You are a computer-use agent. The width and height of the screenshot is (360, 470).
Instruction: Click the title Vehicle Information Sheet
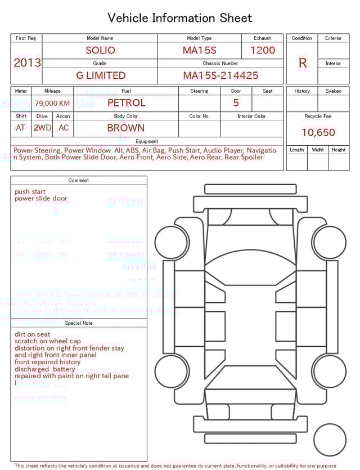180,18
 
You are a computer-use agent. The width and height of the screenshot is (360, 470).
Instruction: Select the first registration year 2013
27,62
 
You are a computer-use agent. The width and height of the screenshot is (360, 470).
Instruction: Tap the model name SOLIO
100,50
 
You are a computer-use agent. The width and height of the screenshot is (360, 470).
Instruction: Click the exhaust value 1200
263,50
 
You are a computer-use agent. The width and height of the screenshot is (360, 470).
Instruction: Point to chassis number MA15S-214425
220,75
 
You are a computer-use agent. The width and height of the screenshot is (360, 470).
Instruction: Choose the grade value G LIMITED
101,75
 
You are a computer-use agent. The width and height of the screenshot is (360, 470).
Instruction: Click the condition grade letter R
302,63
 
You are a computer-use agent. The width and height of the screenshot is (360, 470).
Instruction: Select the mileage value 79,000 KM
52,103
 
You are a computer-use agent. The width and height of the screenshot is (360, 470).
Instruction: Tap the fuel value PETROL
126,103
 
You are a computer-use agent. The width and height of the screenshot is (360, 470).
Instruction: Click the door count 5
236,103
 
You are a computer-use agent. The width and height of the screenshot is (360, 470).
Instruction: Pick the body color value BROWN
125,128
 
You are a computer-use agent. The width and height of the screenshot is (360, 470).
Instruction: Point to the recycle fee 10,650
318,133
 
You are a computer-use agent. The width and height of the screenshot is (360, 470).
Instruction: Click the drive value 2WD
42,128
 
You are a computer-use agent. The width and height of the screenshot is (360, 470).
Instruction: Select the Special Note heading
79,323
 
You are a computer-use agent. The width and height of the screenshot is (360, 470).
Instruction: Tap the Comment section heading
79,181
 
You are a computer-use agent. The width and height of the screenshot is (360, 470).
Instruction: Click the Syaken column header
333,91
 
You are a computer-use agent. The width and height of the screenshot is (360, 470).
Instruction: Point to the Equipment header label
147,141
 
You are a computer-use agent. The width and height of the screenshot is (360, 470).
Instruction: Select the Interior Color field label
251,117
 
